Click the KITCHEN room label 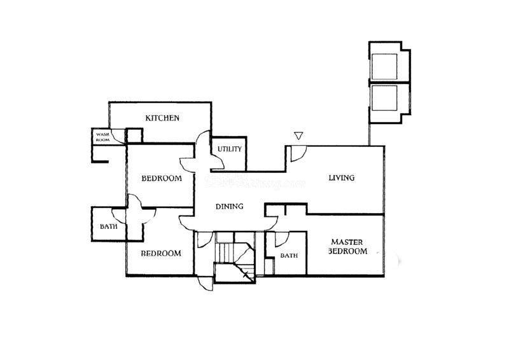pyautogui.click(x=162, y=118)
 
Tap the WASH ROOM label pyautogui.click(x=102, y=137)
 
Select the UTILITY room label pyautogui.click(x=229, y=149)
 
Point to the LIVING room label pyautogui.click(x=341, y=177)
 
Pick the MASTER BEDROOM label pyautogui.click(x=348, y=247)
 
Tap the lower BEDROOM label pyautogui.click(x=161, y=253)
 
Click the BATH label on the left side pyautogui.click(x=107, y=226)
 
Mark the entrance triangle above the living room pyautogui.click(x=298, y=135)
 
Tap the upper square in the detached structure pyautogui.click(x=384, y=66)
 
